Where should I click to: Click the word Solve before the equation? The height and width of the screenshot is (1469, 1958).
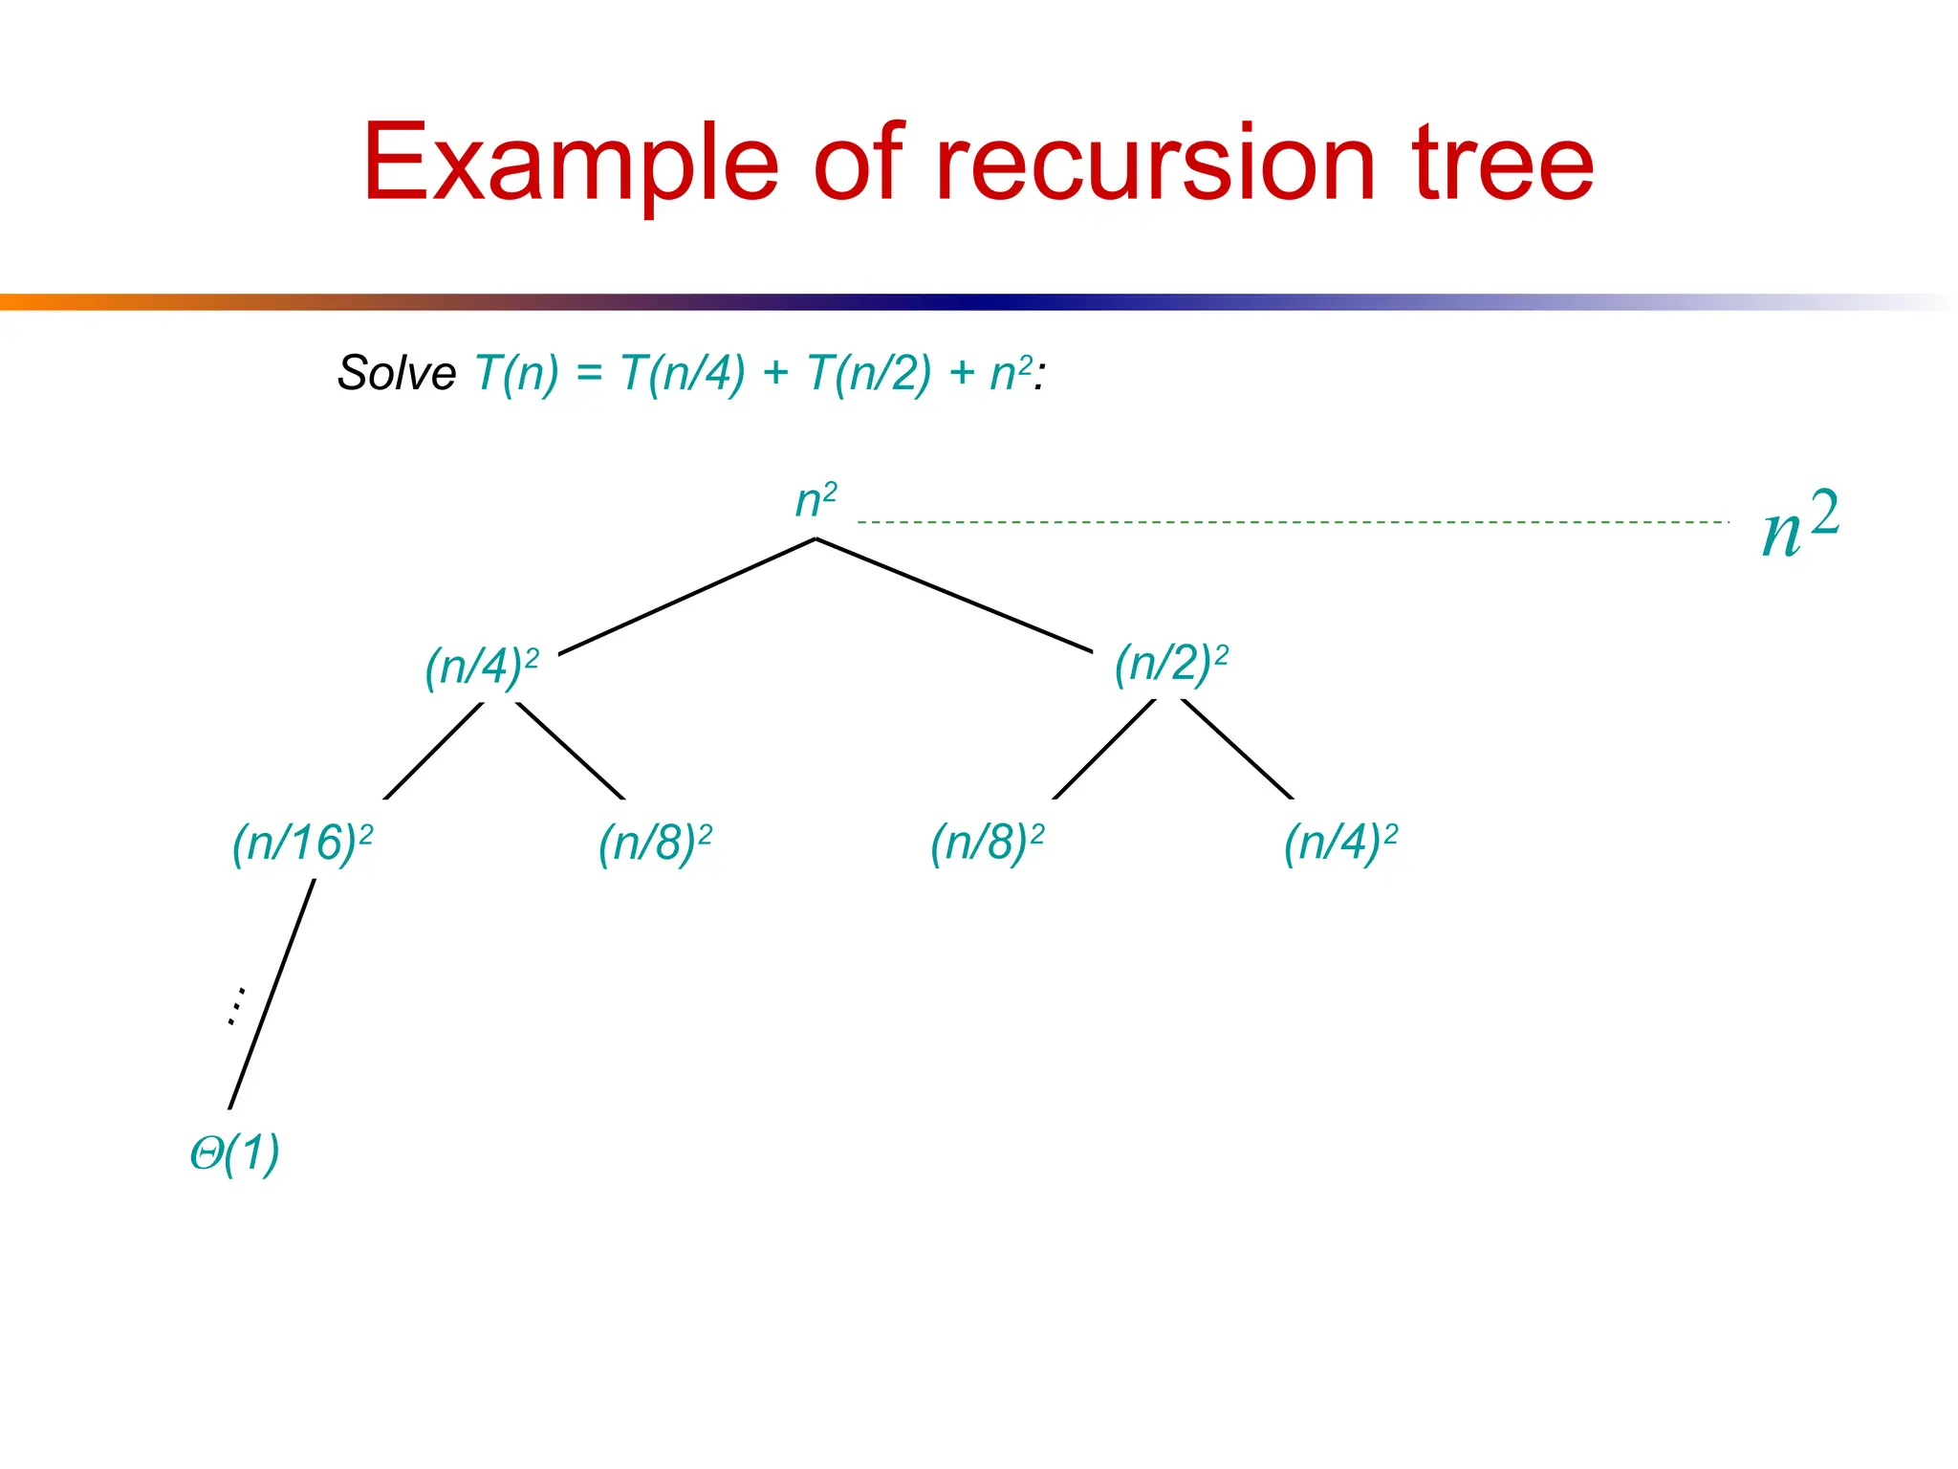(x=397, y=373)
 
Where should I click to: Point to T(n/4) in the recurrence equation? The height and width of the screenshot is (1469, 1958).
(x=682, y=373)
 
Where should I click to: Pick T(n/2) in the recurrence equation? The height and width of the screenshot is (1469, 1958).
(x=868, y=373)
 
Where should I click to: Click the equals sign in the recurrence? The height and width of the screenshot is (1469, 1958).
(x=589, y=374)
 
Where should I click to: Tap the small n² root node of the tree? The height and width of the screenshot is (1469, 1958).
(x=816, y=500)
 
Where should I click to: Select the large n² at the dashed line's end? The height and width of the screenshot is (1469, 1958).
(x=1799, y=523)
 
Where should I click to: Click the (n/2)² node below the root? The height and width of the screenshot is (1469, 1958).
(x=1170, y=663)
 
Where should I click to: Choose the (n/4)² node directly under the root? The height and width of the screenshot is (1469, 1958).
(x=481, y=667)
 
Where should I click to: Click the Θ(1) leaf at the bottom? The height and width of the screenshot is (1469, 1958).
(x=234, y=1152)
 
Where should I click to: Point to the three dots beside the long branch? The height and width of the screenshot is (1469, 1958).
(x=235, y=1006)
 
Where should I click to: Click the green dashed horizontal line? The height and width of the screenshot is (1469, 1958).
(x=1291, y=522)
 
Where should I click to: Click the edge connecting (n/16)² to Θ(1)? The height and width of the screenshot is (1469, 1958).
(x=272, y=995)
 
